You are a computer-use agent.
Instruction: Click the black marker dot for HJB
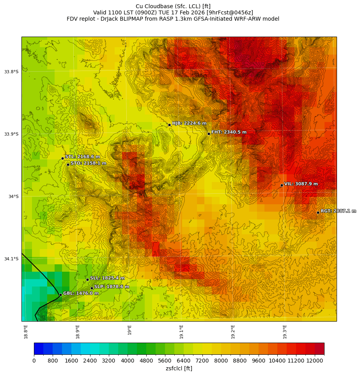(x=169, y=125)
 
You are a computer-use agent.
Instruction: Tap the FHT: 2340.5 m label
(x=229, y=132)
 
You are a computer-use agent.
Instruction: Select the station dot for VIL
(x=282, y=185)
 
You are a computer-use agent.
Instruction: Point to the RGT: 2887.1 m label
(x=338, y=211)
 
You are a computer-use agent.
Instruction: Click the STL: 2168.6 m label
(x=82, y=157)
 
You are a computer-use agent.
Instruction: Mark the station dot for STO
(x=68, y=165)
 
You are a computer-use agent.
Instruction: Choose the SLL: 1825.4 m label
(x=107, y=278)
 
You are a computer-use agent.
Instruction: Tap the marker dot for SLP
(x=92, y=288)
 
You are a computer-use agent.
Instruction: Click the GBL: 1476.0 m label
(x=81, y=293)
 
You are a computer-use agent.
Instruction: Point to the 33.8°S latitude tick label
(x=11, y=72)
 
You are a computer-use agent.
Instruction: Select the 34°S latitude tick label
(x=13, y=196)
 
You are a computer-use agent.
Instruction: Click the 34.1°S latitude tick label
(x=11, y=259)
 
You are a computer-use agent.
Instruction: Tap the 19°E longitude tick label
(x=129, y=329)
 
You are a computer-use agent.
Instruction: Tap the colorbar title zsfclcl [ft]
(x=179, y=368)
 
